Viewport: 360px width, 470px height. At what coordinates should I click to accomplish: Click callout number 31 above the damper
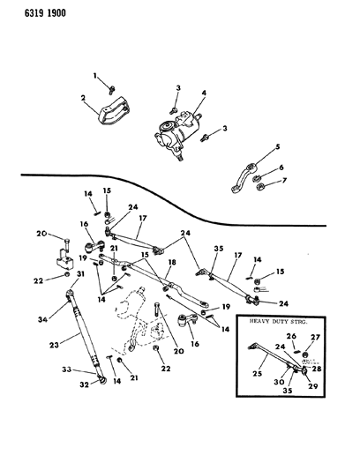click(x=80, y=273)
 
